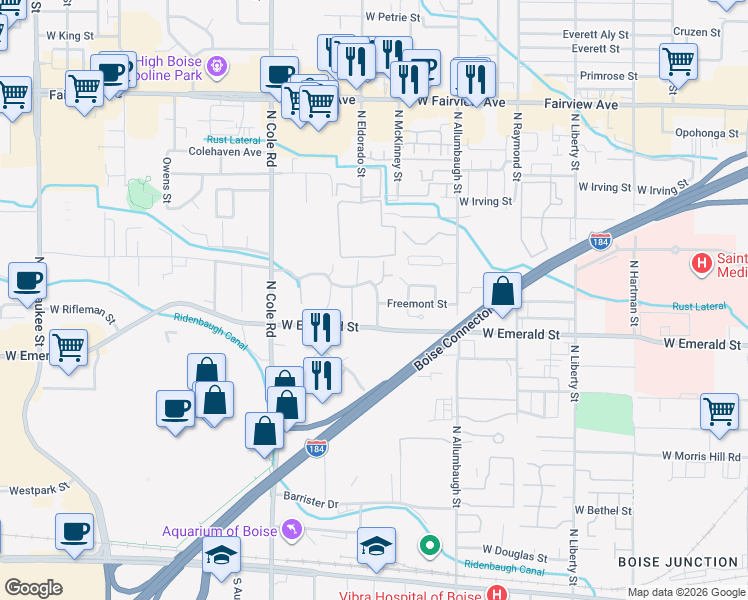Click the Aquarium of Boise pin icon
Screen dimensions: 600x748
point(291,528)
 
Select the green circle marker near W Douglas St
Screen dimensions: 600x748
point(430,546)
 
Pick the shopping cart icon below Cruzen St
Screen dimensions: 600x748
point(679,61)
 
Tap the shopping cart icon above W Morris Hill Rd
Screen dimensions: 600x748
point(720,411)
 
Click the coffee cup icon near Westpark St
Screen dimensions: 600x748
point(74,532)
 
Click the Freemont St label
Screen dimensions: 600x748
point(416,304)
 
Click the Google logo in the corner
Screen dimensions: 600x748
point(33,587)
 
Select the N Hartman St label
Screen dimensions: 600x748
point(633,295)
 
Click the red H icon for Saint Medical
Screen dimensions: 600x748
point(702,265)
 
